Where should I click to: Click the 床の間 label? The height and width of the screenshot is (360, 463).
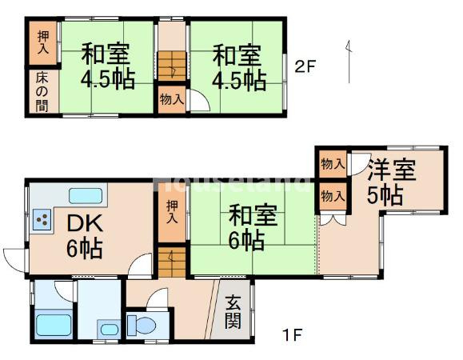tap(41, 92)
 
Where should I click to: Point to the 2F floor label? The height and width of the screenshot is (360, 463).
tap(305, 66)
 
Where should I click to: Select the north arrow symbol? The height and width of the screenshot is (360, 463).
tap(349, 61)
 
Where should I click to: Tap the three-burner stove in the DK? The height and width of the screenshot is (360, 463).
tap(42, 218)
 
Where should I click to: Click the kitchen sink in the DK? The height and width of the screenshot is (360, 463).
tap(86, 195)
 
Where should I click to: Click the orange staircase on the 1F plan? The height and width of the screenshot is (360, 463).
tap(169, 262)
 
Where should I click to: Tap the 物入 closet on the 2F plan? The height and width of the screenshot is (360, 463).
tap(170, 100)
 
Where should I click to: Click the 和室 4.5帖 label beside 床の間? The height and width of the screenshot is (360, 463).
tap(106, 67)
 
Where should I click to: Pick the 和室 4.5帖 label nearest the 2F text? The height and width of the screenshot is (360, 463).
tap(237, 67)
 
